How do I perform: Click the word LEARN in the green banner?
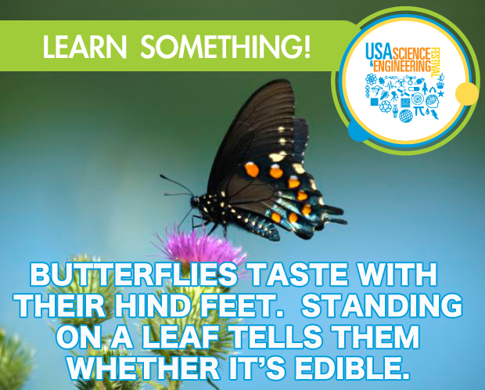84,47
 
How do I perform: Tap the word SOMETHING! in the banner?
225,47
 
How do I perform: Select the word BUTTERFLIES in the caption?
134,275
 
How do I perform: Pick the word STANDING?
382,305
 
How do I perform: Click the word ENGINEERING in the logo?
402,66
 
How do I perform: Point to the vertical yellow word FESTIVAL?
436,63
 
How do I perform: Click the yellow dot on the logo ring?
467,93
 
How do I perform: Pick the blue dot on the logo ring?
359,131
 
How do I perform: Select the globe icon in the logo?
406,116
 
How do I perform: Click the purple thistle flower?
200,246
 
